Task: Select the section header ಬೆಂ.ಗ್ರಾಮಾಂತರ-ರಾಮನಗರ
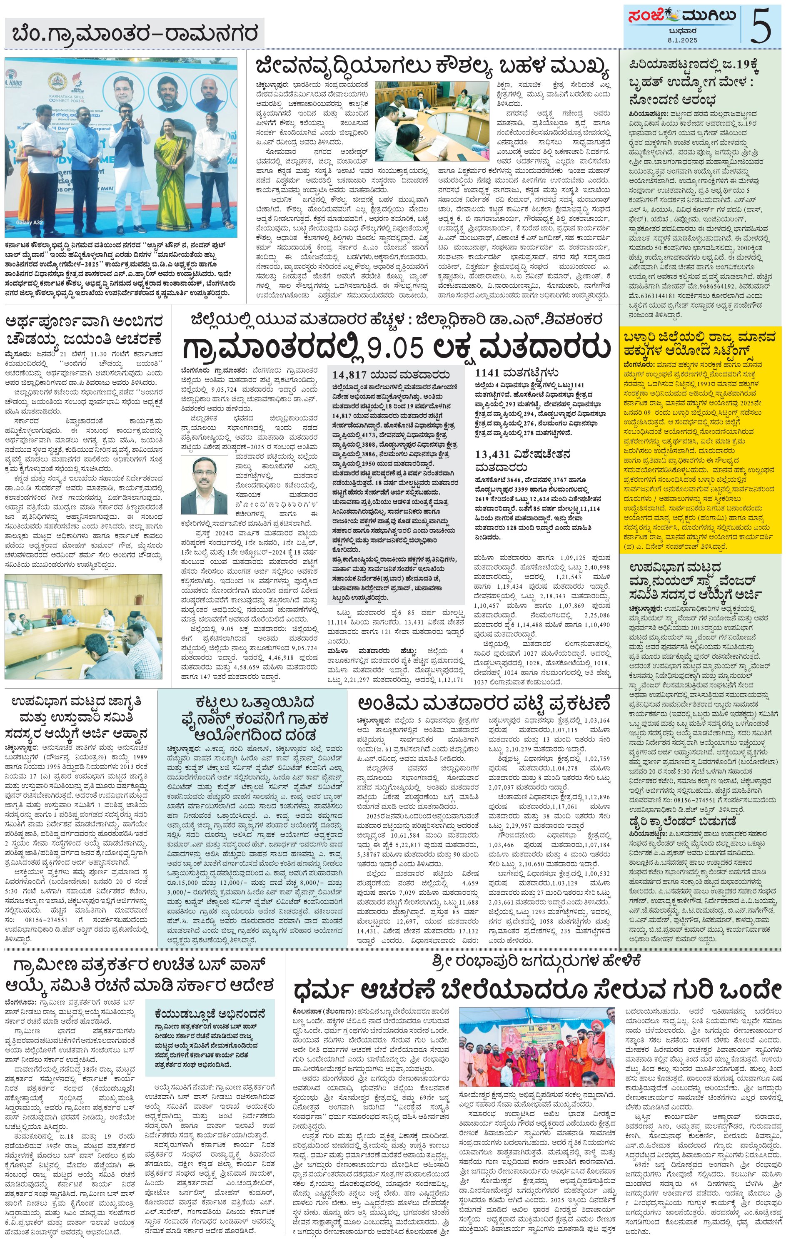click(x=135, y=34)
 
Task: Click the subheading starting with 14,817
click(x=391, y=374)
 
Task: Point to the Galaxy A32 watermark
click(x=30, y=222)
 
